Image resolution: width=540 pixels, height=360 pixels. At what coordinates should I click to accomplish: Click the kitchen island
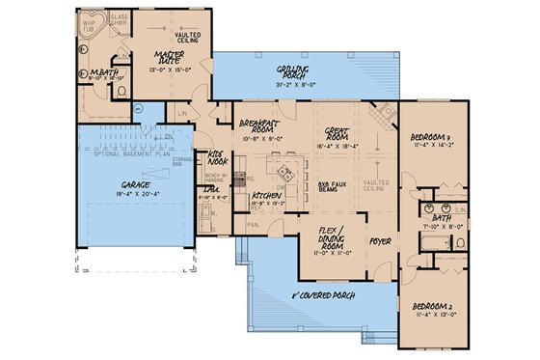click(286, 176)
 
